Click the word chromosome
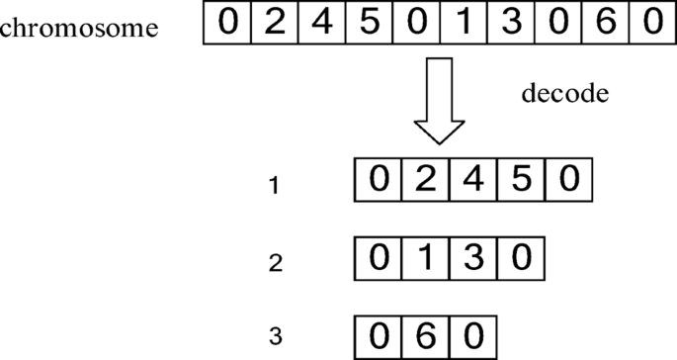coord(78,27)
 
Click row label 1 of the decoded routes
coord(276,185)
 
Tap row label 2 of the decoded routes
coord(276,263)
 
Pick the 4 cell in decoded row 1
coord(473,181)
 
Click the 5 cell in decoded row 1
coord(522,181)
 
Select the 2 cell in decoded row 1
coord(426,181)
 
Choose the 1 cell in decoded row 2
coord(426,259)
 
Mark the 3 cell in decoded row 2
coord(473,259)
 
